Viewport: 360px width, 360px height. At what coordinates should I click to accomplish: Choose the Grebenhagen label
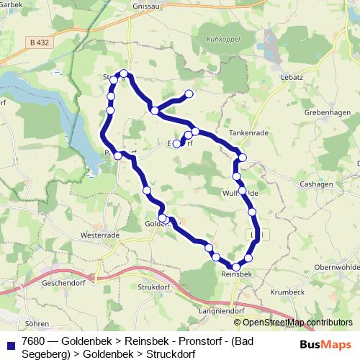pos(328,113)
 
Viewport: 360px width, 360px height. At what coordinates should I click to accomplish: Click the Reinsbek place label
pos(236,274)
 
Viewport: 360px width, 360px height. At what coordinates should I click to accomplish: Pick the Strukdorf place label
pos(156,288)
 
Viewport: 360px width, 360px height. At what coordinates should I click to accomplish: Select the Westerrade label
pos(99,235)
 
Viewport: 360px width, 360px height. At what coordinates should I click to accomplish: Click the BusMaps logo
pos(321,345)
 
